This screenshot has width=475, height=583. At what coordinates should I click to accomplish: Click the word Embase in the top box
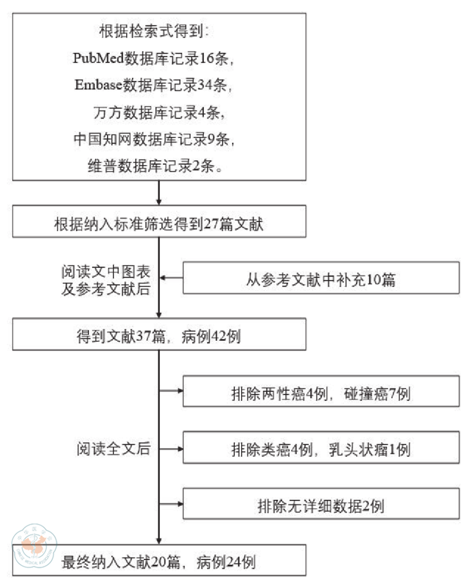(98, 85)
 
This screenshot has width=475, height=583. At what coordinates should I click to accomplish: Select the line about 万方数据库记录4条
(159, 112)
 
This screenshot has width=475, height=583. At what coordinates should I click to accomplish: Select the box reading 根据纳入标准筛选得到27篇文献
(159, 225)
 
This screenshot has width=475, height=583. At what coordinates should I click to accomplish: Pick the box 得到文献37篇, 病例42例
(159, 336)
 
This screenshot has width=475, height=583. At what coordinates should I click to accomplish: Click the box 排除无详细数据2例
(321, 504)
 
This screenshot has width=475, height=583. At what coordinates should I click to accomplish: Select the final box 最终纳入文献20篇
(159, 560)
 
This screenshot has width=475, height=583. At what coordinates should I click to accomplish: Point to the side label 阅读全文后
(113, 448)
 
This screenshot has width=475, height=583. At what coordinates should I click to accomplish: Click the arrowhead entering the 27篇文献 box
(159, 202)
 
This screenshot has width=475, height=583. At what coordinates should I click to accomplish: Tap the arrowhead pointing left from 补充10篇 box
(164, 278)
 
